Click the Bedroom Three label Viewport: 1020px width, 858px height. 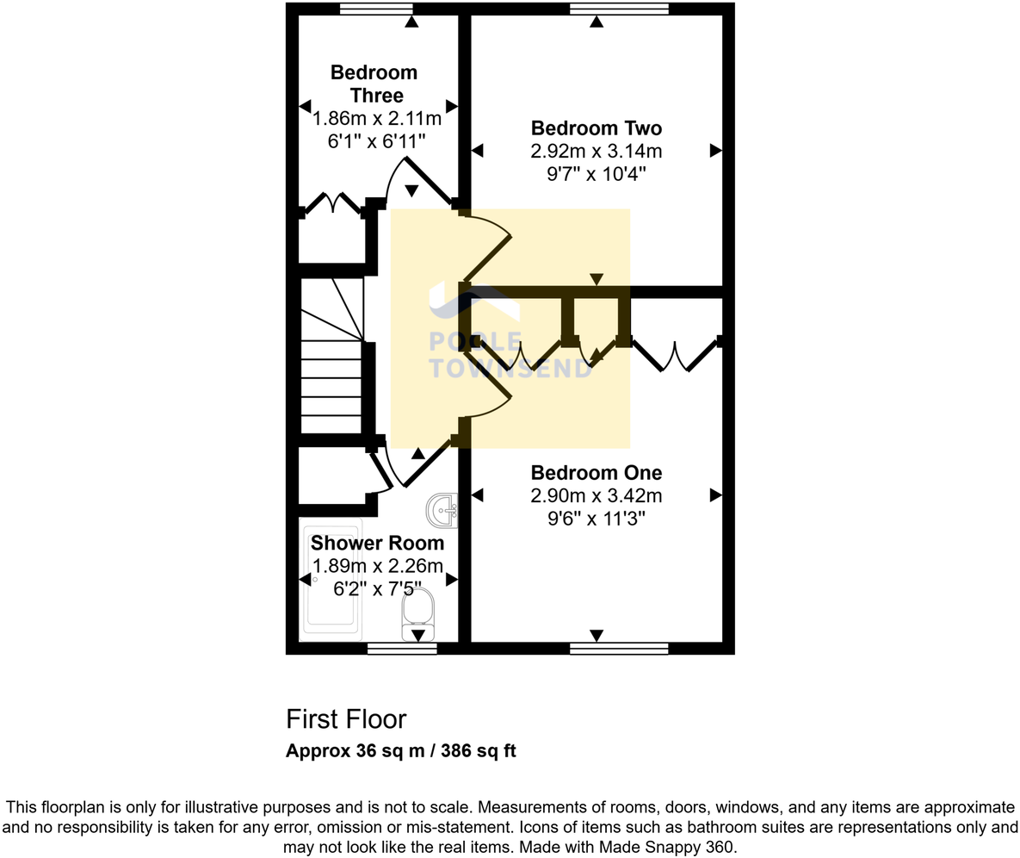(374, 84)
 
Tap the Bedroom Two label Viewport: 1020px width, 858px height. (596, 128)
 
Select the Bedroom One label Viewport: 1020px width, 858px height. (596, 472)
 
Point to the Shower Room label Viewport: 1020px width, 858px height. (377, 543)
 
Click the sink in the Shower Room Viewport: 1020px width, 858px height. (443, 510)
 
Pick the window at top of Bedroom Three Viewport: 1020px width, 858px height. (376, 9)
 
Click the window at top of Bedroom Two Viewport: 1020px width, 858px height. (619, 9)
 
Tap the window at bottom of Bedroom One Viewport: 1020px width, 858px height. (619, 648)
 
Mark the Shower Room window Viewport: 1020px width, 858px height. (401, 648)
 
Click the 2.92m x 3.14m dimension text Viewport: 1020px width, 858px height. (596, 152)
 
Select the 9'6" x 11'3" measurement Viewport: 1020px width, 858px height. (596, 518)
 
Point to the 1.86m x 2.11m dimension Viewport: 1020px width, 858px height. (377, 118)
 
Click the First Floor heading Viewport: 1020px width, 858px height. (346, 718)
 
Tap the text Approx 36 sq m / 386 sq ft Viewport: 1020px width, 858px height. (400, 750)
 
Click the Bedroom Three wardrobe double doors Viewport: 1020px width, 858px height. (333, 204)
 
